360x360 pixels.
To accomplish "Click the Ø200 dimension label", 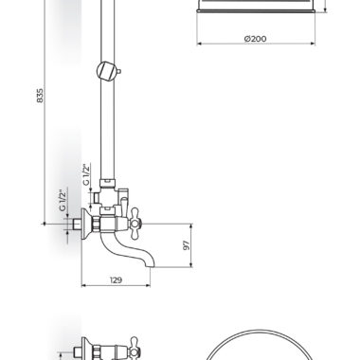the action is click(256, 39).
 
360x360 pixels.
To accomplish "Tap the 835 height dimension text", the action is click(40, 96).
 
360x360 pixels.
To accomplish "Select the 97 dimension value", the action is click(186, 245).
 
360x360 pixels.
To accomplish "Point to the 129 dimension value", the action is click(116, 279).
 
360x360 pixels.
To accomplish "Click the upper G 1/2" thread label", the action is click(86, 174).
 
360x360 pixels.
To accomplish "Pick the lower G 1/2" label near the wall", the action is click(63, 200).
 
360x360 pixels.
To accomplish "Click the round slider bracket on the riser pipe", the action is click(106, 71).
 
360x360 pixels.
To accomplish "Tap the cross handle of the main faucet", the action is click(135, 224).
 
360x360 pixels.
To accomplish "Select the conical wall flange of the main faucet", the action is click(86, 224).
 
